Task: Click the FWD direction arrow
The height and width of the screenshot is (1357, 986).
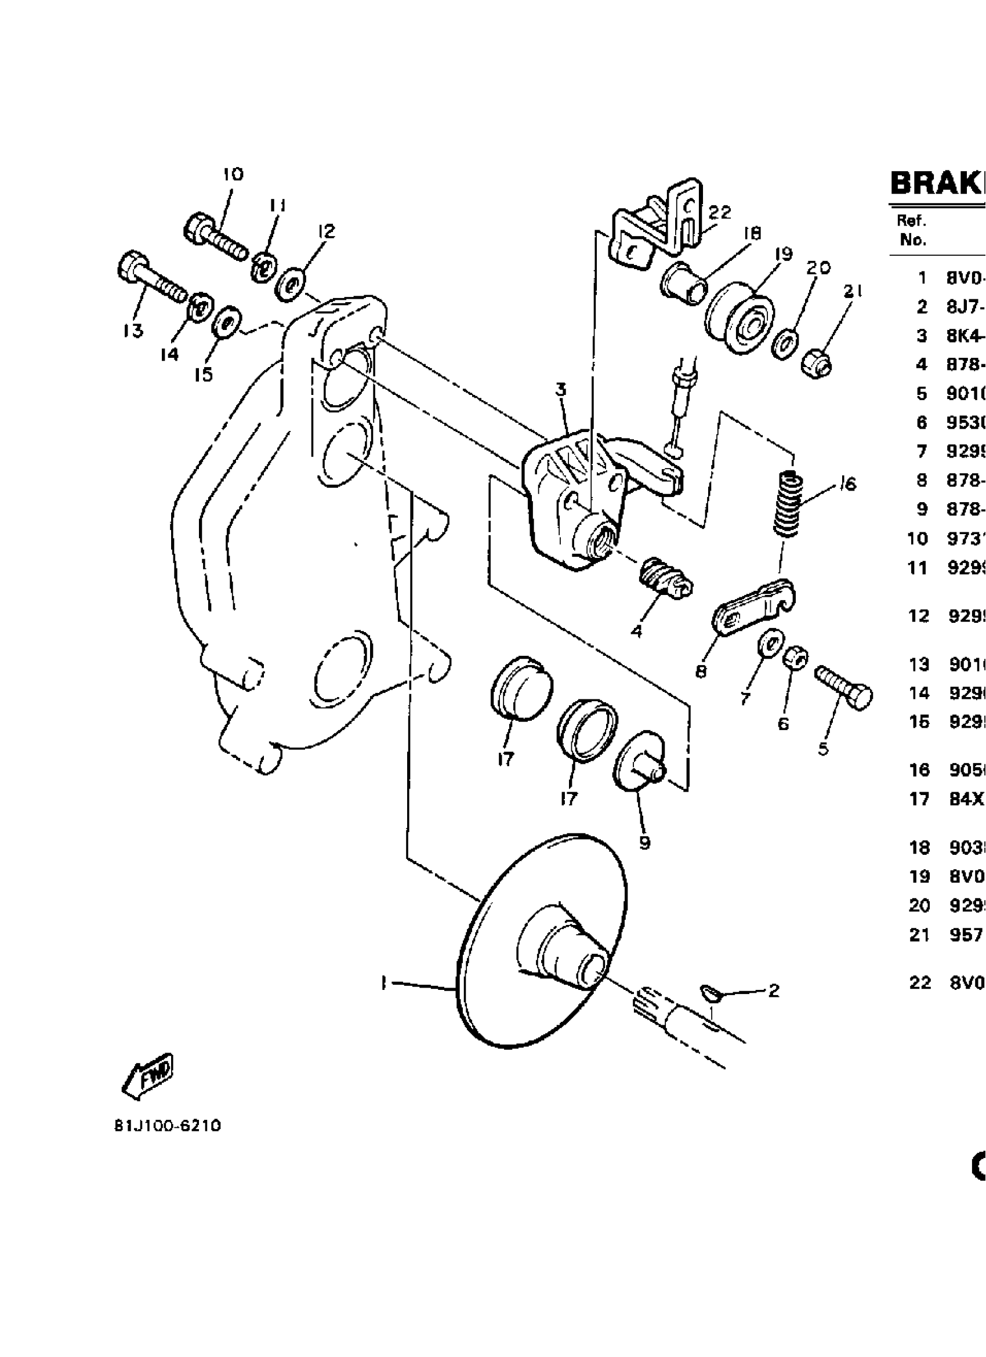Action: pos(147,1077)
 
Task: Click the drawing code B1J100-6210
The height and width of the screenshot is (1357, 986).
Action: pos(167,1126)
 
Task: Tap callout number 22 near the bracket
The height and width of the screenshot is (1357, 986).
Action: pos(719,212)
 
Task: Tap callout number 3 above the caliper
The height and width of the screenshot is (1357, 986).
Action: pos(561,390)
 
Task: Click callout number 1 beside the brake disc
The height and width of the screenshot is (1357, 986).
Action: pos(383,982)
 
